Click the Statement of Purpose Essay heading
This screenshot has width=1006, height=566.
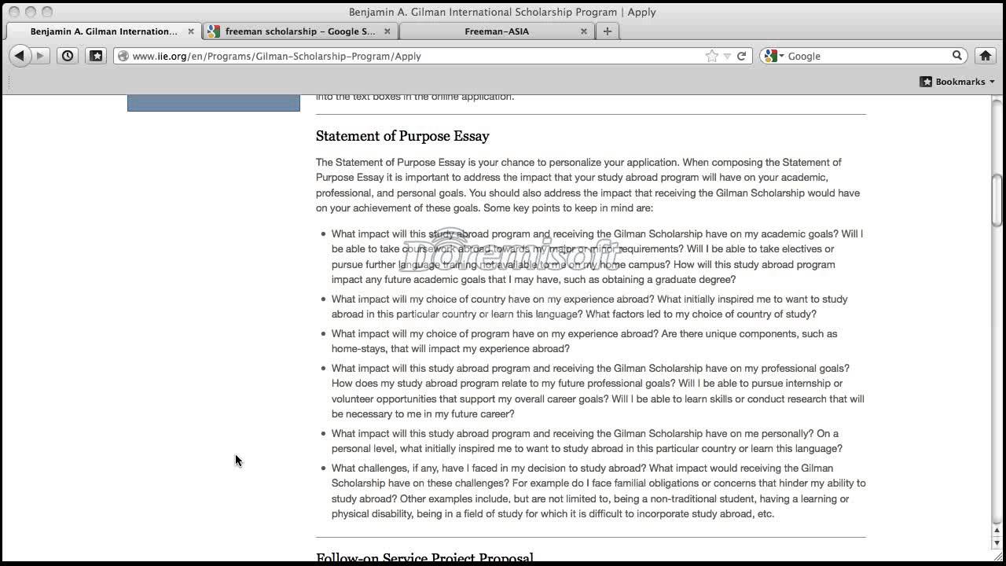[402, 136]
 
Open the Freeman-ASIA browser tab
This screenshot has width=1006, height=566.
[496, 31]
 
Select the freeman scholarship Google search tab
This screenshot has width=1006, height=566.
[300, 31]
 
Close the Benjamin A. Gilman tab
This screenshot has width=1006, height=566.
[191, 31]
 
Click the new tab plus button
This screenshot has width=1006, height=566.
[607, 31]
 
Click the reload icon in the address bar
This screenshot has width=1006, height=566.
[741, 56]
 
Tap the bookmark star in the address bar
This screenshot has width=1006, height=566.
[711, 56]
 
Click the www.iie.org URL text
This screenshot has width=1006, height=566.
[276, 56]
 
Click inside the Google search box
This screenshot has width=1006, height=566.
[865, 56]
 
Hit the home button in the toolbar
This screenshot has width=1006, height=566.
[985, 56]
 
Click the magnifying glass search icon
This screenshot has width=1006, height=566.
[957, 56]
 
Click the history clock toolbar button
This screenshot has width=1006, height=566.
[68, 56]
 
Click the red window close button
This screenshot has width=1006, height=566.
[13, 12]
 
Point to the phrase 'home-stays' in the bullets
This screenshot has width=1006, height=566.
[358, 349]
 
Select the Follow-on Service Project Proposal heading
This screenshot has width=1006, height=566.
[424, 557]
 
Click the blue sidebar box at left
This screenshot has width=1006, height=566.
[214, 103]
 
